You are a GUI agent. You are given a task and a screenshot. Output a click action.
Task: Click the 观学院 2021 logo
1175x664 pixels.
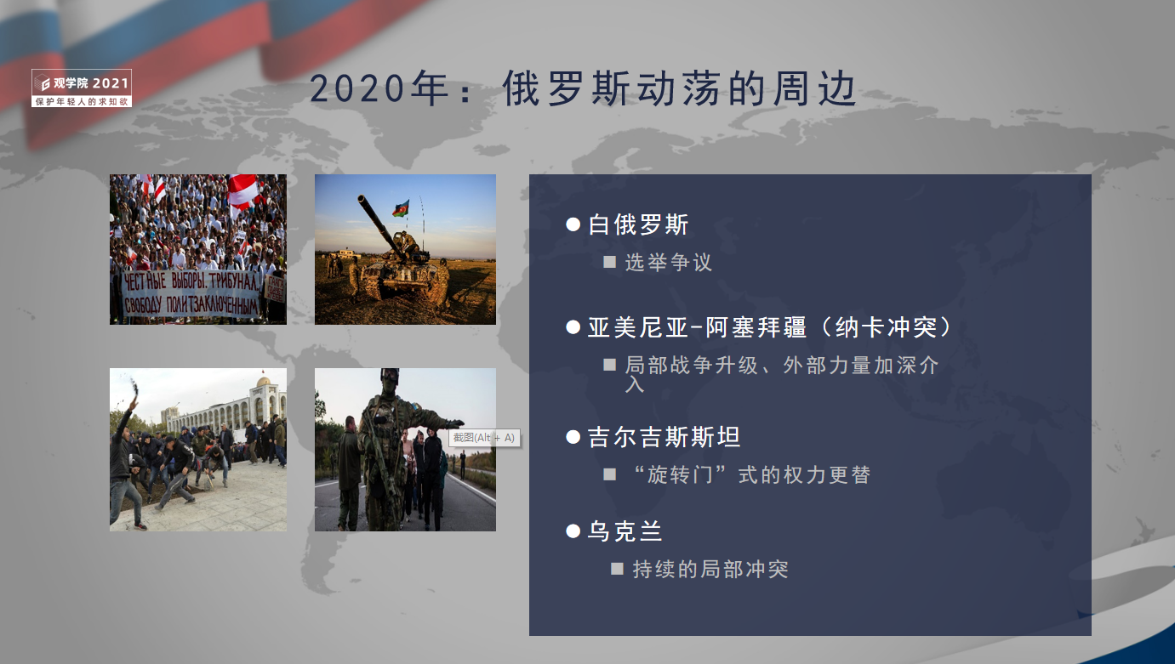click(82, 88)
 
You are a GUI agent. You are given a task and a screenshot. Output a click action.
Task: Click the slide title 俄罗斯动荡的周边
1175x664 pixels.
click(680, 88)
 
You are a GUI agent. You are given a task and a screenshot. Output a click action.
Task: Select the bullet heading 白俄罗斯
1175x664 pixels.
click(638, 224)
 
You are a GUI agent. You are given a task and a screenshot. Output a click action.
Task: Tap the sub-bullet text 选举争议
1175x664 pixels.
click(668, 262)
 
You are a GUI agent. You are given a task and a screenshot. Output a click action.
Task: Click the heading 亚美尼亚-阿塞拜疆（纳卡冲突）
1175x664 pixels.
click(770, 327)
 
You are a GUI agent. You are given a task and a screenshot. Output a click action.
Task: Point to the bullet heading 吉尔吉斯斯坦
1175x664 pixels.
click(665, 436)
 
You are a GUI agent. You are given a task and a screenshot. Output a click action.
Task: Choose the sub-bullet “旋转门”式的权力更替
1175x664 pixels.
click(751, 474)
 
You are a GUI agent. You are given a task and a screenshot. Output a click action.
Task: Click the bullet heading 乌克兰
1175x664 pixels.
click(625, 531)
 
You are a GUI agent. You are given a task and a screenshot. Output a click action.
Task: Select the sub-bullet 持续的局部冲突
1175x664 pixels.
click(710, 569)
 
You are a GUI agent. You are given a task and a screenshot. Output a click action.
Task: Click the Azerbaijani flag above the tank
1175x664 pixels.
click(402, 208)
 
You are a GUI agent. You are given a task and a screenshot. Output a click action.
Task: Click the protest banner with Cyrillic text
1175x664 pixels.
click(191, 293)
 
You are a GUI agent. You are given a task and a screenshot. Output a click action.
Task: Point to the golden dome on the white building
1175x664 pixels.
click(264, 381)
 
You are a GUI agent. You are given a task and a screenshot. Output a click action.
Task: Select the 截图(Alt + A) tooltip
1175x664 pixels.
click(484, 438)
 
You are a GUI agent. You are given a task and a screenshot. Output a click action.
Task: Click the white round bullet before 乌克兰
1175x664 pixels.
click(573, 531)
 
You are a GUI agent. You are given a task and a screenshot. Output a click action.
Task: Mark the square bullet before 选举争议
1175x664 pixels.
click(609, 262)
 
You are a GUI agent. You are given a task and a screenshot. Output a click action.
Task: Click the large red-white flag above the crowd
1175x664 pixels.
click(243, 190)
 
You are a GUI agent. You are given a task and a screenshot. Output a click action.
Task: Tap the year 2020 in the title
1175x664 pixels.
click(357, 88)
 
